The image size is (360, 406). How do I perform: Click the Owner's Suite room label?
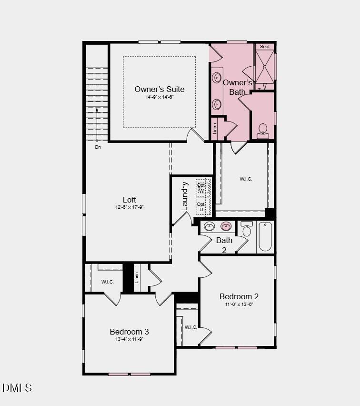click(159, 89)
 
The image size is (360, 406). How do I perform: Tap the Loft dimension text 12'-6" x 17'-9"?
click(129, 207)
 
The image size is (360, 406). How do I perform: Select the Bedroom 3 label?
click(129, 332)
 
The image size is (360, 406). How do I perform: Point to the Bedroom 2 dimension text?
click(239, 304)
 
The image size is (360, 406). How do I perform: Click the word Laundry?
click(185, 196)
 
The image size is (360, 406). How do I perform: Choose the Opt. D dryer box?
click(202, 206)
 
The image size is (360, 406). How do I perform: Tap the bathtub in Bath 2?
click(265, 236)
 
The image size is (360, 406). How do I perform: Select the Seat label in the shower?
click(265, 47)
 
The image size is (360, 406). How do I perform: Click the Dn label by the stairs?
click(98, 147)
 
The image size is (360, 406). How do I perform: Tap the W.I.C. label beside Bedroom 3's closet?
click(108, 282)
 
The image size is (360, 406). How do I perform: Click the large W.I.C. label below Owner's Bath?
click(246, 179)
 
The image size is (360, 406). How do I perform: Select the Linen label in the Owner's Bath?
click(215, 129)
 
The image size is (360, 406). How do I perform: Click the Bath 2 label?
click(224, 244)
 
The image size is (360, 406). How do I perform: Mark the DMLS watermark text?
click(17, 387)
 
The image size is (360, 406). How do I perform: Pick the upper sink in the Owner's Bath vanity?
click(217, 77)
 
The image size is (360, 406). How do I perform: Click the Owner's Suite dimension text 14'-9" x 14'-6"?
click(160, 97)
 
